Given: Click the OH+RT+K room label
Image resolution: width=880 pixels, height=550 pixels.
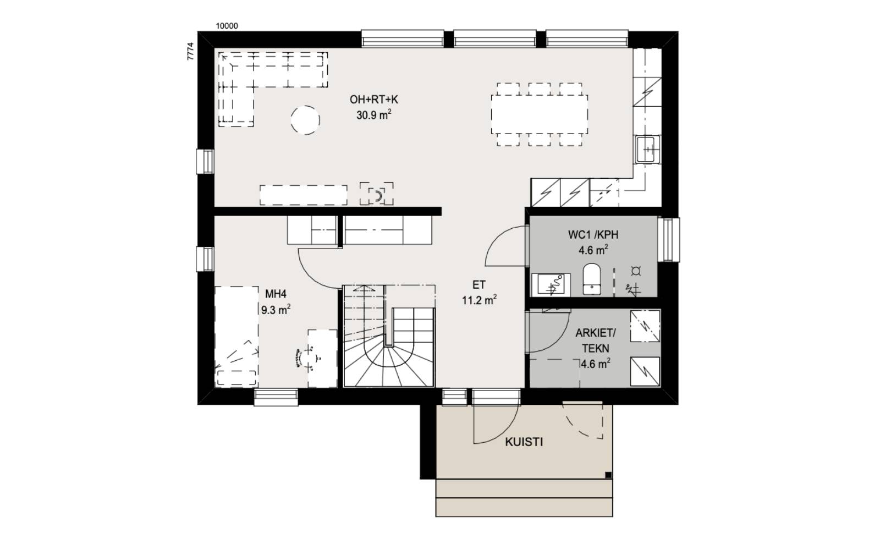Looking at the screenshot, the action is click(373, 100).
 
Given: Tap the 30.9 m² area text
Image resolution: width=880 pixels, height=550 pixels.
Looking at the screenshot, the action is click(373, 115).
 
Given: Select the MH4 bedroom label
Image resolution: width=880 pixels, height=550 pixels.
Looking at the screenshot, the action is click(276, 294).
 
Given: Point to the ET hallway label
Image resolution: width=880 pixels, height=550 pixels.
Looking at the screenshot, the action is click(479, 285).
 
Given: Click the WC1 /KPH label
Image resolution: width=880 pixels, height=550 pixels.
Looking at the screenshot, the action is click(593, 235).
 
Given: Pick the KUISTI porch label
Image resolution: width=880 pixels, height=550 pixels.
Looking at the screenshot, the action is click(524, 442).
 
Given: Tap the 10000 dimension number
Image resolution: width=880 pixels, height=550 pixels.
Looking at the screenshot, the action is click(227, 26).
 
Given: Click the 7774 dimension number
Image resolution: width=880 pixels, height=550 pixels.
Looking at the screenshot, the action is click(190, 51).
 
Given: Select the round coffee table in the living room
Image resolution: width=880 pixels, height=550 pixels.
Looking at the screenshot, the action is click(305, 120).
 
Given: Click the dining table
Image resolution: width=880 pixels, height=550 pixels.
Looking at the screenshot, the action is click(540, 114).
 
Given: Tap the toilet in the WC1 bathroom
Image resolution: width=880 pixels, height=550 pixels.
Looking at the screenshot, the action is click(592, 279).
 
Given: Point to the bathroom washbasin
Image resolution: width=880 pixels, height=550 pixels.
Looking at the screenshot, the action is click(551, 284).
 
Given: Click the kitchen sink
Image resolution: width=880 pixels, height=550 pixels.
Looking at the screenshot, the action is click(646, 149).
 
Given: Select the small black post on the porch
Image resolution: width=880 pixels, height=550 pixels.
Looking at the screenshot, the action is click(608, 475).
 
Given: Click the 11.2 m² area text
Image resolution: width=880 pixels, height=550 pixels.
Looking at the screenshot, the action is click(479, 300).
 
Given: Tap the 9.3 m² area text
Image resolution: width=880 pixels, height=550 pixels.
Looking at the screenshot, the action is click(276, 310).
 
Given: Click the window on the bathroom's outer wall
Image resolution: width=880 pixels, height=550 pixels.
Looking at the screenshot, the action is click(669, 240).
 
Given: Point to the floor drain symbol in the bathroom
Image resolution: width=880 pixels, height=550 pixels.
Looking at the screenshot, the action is click(636, 271).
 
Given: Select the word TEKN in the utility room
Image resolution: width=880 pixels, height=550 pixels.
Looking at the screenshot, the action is click(596, 349).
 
